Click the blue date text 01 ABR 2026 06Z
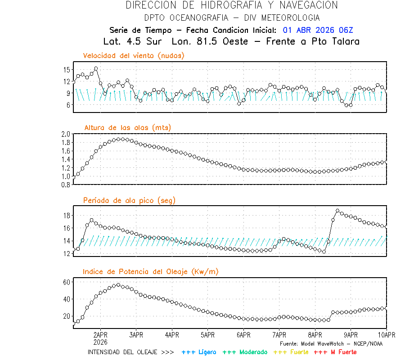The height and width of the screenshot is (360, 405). [x=318, y=30]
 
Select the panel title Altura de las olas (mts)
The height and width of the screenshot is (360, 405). [x=128, y=128]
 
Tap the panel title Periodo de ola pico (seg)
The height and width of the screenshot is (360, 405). [x=129, y=200]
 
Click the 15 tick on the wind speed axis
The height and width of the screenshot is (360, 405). [x=67, y=70]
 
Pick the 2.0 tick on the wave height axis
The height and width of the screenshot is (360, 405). [x=65, y=134]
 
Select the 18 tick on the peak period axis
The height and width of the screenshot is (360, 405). [x=67, y=216]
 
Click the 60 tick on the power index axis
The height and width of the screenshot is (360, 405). [x=67, y=282]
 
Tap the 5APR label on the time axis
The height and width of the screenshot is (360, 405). [x=207, y=335]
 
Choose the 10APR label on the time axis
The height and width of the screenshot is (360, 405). [x=386, y=335]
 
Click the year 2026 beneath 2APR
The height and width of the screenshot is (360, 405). [x=100, y=342]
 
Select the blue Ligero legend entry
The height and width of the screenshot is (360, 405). [x=199, y=352]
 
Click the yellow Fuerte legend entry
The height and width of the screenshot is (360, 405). [x=291, y=352]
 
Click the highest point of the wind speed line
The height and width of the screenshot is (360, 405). [x=96, y=69]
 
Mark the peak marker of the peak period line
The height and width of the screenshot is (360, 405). [x=337, y=211]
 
